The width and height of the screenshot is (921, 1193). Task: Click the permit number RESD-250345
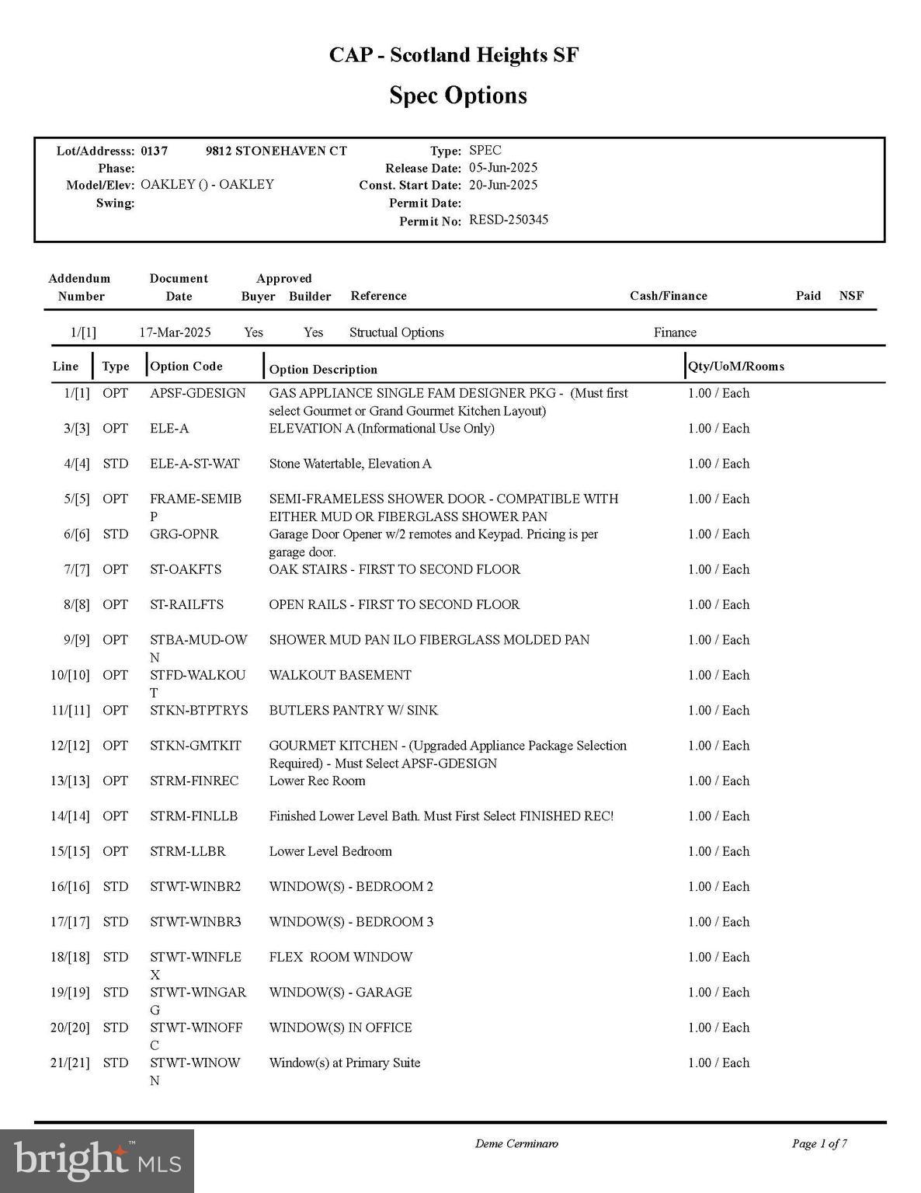[509, 220]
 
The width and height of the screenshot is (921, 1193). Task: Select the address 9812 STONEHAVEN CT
[276, 151]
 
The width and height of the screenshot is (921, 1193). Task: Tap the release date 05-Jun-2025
[503, 168]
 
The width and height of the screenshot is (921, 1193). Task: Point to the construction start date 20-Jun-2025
[503, 185]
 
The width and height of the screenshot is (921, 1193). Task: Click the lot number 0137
[154, 151]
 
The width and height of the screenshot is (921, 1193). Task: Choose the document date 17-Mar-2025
[175, 332]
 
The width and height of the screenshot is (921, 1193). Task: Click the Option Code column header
[186, 367]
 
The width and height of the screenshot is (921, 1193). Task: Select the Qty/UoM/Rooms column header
[736, 367]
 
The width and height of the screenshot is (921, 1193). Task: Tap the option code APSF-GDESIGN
[197, 393]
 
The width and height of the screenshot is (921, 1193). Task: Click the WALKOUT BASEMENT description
[340, 675]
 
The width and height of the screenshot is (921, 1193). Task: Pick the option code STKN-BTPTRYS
[199, 710]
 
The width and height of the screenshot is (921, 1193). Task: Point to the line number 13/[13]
[70, 781]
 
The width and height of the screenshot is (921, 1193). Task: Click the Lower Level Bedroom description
[330, 851]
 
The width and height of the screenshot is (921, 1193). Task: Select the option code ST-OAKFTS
[186, 569]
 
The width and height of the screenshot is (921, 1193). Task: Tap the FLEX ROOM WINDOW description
[340, 957]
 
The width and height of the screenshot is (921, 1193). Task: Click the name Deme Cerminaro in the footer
[516, 1143]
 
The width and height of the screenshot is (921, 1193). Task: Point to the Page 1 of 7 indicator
[819, 1143]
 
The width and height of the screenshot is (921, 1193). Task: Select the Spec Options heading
[458, 96]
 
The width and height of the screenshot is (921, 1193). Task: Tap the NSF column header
[851, 296]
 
